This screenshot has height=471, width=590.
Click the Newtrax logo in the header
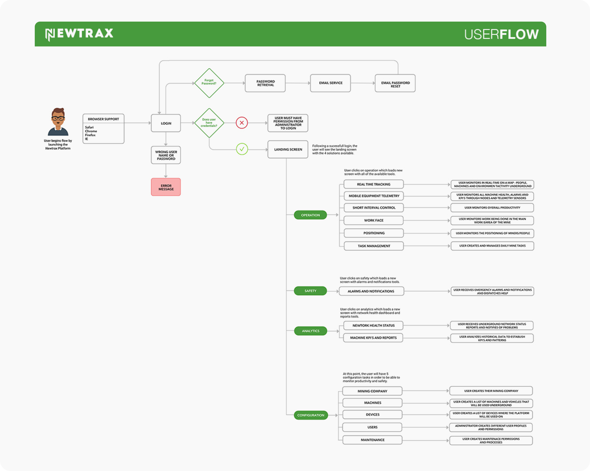[x=79, y=34]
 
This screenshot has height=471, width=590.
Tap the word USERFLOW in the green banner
[x=501, y=35]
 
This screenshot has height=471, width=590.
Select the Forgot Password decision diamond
[x=209, y=83]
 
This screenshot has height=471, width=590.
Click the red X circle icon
[x=242, y=123]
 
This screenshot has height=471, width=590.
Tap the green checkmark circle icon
[x=242, y=149]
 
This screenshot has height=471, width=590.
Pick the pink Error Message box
[x=166, y=187]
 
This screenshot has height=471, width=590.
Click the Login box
[x=166, y=124]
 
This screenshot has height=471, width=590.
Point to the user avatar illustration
[x=58, y=122]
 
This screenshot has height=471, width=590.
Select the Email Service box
[x=330, y=83]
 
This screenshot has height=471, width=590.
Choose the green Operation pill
[x=310, y=215]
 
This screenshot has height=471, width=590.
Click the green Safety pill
[x=310, y=291]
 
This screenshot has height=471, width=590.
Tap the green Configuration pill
[x=311, y=415]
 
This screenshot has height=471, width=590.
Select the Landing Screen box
[x=288, y=149]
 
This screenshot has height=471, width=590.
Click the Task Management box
[x=373, y=246]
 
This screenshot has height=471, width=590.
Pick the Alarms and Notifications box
[x=371, y=291]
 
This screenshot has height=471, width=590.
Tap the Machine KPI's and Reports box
[x=373, y=338]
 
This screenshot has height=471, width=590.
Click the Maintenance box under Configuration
[x=372, y=440]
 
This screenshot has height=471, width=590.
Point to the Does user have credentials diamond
[x=209, y=123]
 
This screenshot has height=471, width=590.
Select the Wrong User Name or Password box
[x=166, y=155]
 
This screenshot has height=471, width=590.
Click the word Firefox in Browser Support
[x=90, y=135]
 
